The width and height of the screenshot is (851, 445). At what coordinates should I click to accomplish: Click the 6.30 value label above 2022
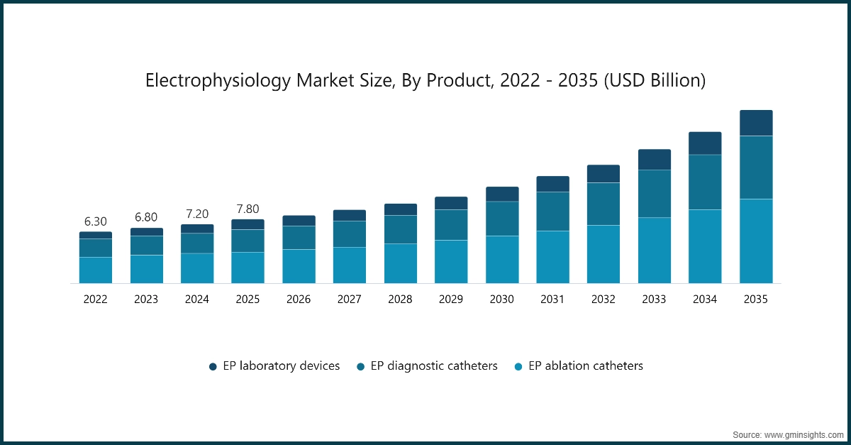tap(95, 221)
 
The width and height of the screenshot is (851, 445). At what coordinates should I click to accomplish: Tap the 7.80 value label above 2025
tap(247, 209)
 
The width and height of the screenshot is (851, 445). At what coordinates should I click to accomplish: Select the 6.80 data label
tap(146, 217)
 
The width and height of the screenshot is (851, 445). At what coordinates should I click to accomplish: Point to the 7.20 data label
tap(196, 214)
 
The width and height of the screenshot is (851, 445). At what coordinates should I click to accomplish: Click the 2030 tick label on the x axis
tap(501, 300)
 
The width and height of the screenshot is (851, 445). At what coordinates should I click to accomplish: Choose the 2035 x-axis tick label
tap(756, 300)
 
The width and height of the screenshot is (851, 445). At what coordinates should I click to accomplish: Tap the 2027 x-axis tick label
tap(349, 300)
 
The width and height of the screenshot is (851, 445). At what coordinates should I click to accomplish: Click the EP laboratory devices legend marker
tap(213, 367)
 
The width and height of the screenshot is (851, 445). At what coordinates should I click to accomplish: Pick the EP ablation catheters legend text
tap(586, 366)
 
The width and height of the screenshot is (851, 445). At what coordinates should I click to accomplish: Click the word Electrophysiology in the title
tap(218, 81)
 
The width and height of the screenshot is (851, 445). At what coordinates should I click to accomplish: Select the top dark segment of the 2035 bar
tap(756, 123)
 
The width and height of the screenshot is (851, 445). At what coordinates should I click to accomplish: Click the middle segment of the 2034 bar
tap(705, 182)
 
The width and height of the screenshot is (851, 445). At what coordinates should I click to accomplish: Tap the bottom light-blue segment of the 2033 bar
tap(654, 250)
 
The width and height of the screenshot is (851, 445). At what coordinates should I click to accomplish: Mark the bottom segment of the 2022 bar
tap(95, 270)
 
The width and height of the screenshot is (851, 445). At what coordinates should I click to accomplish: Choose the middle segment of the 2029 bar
tap(451, 225)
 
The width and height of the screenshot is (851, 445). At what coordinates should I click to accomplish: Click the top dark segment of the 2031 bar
tap(552, 184)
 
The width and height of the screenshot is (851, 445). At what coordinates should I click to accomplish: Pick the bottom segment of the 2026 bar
tap(299, 266)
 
